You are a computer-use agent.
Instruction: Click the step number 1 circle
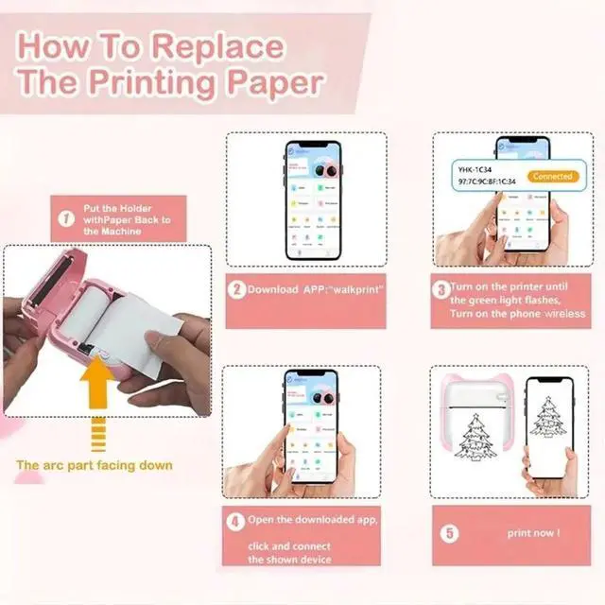[67, 219]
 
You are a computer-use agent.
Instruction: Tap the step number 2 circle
[235, 290]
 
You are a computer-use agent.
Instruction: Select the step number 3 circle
[441, 289]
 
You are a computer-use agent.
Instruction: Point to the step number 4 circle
[235, 521]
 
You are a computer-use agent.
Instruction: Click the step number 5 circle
[450, 533]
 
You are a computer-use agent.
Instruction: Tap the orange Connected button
[552, 176]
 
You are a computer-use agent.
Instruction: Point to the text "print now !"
[533, 533]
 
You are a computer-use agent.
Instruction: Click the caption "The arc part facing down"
[95, 465]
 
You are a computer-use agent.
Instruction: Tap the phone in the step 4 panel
[310, 426]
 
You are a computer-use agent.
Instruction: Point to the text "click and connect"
[289, 545]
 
